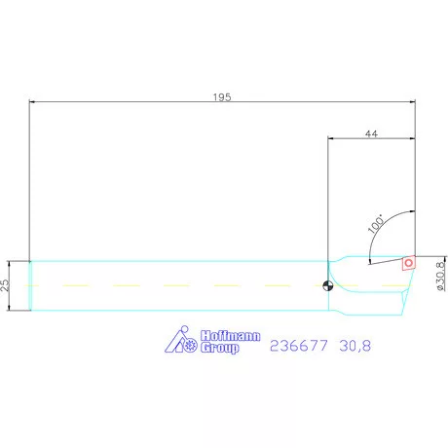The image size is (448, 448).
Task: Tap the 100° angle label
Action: tap(376, 223)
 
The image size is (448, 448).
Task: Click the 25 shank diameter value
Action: tap(7, 285)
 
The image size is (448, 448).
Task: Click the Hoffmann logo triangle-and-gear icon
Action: tap(180, 340)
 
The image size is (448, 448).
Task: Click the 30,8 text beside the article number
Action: tap(355, 345)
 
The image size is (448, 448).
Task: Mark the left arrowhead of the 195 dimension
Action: tap(33, 100)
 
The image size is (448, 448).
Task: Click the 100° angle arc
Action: tap(390, 224)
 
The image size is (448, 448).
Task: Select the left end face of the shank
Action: tap(30, 285)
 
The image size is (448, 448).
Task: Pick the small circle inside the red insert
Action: tap(410, 261)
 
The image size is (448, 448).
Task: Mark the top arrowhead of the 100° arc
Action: tap(414, 213)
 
